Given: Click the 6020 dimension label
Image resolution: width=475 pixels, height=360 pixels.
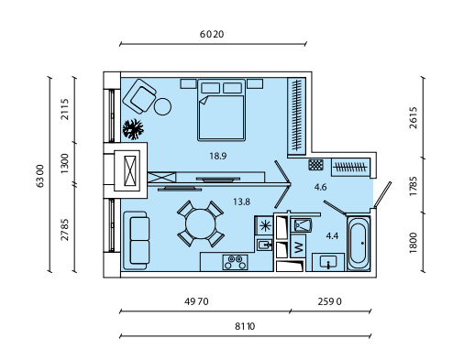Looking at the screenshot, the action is [x=212, y=34].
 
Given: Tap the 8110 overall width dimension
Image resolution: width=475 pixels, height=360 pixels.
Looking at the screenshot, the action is [x=245, y=326].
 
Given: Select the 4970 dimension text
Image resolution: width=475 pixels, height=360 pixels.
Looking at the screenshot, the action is [x=196, y=301].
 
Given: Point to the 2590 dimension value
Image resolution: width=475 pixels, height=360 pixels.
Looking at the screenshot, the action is [x=329, y=301].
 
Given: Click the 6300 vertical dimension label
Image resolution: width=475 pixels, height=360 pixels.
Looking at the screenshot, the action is [x=40, y=176].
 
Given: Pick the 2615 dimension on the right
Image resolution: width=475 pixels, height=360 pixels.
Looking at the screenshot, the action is [x=414, y=117].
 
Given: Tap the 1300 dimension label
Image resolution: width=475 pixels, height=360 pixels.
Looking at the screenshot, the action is [x=65, y=163].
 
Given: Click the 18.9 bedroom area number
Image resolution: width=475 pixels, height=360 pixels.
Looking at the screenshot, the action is [x=218, y=156].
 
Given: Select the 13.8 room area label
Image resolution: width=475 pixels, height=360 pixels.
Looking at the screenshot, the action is [x=241, y=202].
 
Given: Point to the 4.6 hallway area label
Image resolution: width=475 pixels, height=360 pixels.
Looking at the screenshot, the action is [x=320, y=187].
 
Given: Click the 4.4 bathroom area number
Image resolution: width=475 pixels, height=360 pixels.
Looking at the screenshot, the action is [x=332, y=235].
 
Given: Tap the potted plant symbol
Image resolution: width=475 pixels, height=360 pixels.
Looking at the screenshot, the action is [x=133, y=129].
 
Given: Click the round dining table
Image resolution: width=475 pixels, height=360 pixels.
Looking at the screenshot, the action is [x=201, y=224].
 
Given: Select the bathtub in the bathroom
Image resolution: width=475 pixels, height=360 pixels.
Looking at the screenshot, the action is [x=359, y=244].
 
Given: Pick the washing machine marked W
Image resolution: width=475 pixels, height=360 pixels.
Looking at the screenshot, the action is [x=298, y=246].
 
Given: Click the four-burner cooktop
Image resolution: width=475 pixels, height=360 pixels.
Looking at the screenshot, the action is [x=235, y=262].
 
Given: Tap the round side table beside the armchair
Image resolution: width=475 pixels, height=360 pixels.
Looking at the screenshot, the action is [x=162, y=106].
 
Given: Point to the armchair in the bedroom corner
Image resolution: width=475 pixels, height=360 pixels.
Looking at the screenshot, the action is [x=139, y=96].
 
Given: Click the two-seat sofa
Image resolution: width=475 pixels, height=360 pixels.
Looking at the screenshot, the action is [x=137, y=241].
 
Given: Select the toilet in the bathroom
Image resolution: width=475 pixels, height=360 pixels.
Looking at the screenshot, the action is [x=301, y=225].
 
